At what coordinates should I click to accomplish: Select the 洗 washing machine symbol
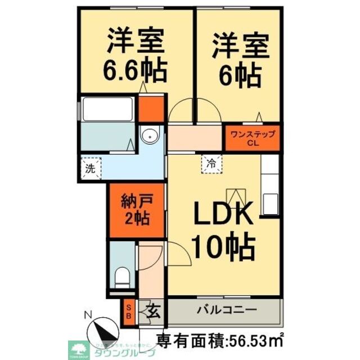pyautogui.click(x=90, y=168)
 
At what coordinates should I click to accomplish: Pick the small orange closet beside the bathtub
pyautogui.click(x=151, y=110)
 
